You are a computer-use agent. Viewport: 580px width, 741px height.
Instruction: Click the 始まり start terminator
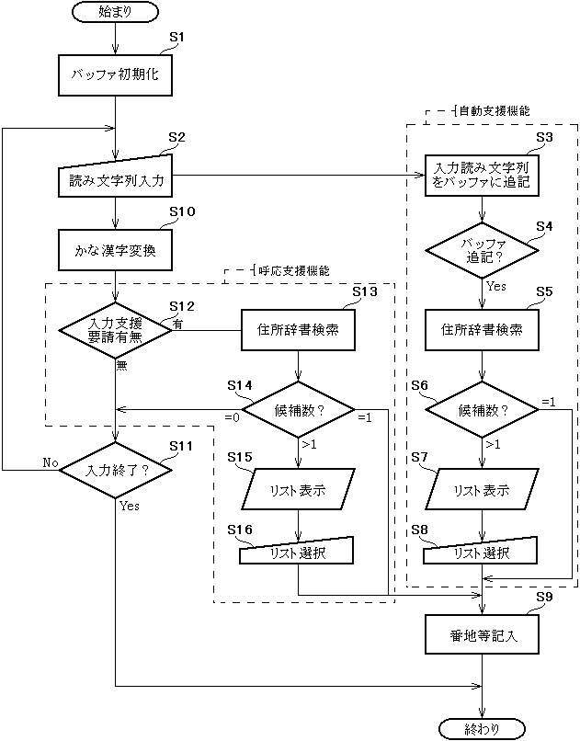pos(115,12)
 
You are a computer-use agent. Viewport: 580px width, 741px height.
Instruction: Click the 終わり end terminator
pos(482,729)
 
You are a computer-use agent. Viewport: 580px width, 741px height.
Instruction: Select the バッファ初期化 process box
pos(115,75)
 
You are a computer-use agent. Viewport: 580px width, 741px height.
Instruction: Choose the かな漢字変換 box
pos(115,250)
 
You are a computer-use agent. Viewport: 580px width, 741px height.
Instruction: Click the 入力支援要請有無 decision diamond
pos(115,330)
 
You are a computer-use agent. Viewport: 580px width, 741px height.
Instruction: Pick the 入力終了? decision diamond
pos(115,470)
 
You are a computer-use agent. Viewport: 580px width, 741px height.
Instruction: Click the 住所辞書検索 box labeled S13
pos(298,330)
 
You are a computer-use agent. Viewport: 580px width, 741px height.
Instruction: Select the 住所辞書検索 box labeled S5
pos(482,330)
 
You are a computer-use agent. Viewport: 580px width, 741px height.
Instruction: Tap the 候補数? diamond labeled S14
pos(298,410)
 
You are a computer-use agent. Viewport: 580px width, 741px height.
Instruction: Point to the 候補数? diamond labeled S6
pos(482,410)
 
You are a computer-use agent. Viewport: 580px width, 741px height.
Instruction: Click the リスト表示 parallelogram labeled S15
pos(298,490)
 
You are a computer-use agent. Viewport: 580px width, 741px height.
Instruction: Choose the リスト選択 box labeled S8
pos(481,551)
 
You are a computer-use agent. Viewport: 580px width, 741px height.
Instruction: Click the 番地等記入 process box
pos(482,634)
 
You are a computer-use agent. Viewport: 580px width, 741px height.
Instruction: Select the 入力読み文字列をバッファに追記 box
pos(482,176)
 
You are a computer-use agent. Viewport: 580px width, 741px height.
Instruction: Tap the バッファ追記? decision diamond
pos(482,250)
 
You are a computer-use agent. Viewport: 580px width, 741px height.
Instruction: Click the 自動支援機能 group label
pos(495,111)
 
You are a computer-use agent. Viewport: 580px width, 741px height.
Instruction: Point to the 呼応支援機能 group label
pos(293,271)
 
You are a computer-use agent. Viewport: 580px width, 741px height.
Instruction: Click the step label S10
pos(182,211)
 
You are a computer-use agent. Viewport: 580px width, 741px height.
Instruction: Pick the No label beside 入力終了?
pos(50,462)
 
